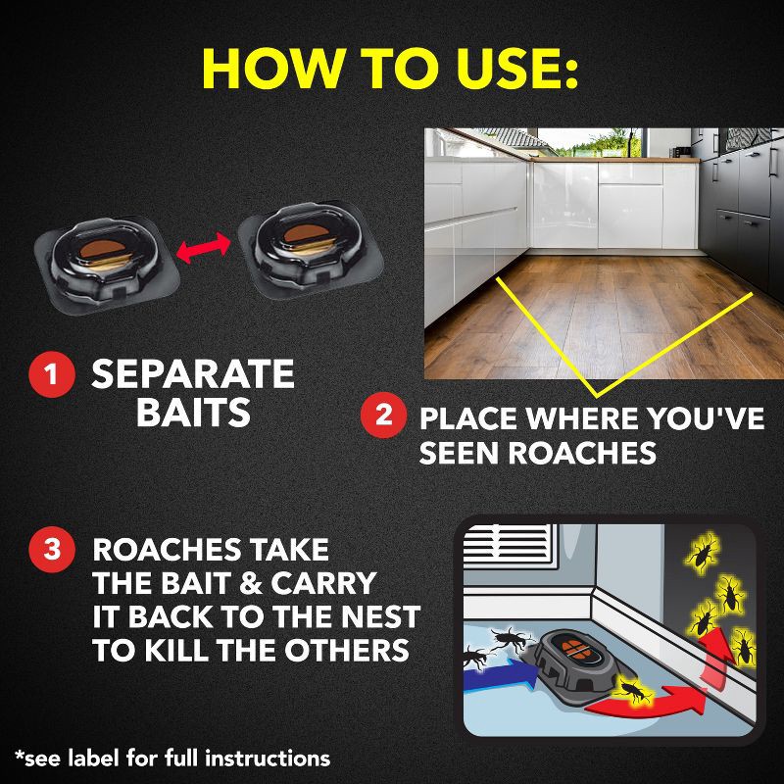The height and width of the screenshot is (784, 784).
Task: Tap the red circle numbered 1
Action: tap(49, 375)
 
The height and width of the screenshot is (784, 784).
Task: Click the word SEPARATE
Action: tap(193, 374)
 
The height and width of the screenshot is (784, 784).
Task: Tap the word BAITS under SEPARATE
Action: tap(193, 413)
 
